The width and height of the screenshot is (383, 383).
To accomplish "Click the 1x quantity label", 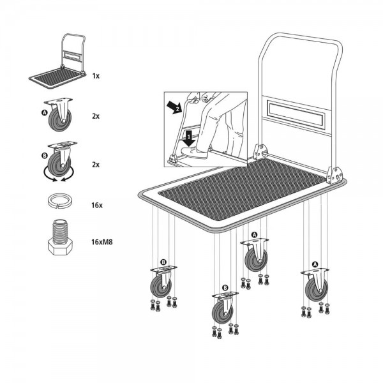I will [96, 75].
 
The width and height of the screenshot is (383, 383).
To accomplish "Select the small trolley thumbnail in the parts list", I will [59, 64].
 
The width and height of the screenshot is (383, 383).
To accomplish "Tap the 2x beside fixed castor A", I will [96, 117].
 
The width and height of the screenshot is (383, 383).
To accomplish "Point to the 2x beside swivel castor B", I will [96, 164].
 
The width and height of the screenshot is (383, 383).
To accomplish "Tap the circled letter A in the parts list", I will [44, 112].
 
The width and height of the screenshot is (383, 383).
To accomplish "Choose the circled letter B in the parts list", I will [44, 155].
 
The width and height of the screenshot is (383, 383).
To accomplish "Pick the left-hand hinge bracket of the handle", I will [259, 152].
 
